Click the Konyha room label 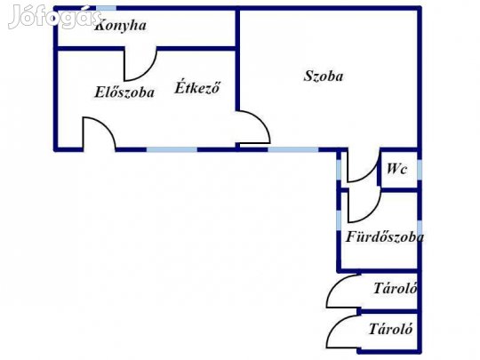click(121, 26)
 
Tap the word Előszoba click(124, 92)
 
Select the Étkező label click(197, 87)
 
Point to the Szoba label click(324, 76)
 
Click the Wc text click(396, 169)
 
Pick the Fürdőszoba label click(385, 236)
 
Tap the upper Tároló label click(396, 288)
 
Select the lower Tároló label click(390, 329)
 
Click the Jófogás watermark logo click(54, 17)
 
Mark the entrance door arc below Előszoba click(106, 125)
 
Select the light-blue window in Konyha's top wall click(107, 8)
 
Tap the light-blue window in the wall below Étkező click(172, 149)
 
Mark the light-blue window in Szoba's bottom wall click(293, 149)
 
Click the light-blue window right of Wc click(420, 170)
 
